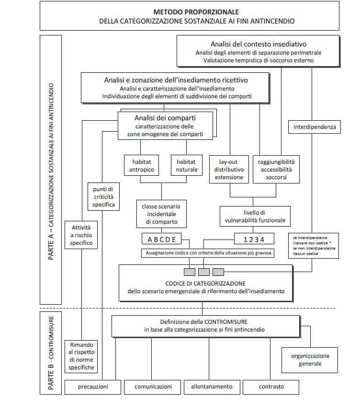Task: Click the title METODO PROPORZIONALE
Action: (x=196, y=11)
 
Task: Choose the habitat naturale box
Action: (x=186, y=166)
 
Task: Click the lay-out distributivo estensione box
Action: (x=228, y=170)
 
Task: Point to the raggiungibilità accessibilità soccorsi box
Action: (x=276, y=170)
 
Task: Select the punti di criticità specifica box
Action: (x=103, y=197)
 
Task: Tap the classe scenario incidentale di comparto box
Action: (x=161, y=214)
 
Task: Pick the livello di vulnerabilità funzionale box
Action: (x=255, y=216)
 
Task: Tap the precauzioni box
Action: (x=93, y=387)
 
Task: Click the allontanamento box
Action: (x=211, y=387)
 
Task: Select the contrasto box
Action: (x=271, y=387)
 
